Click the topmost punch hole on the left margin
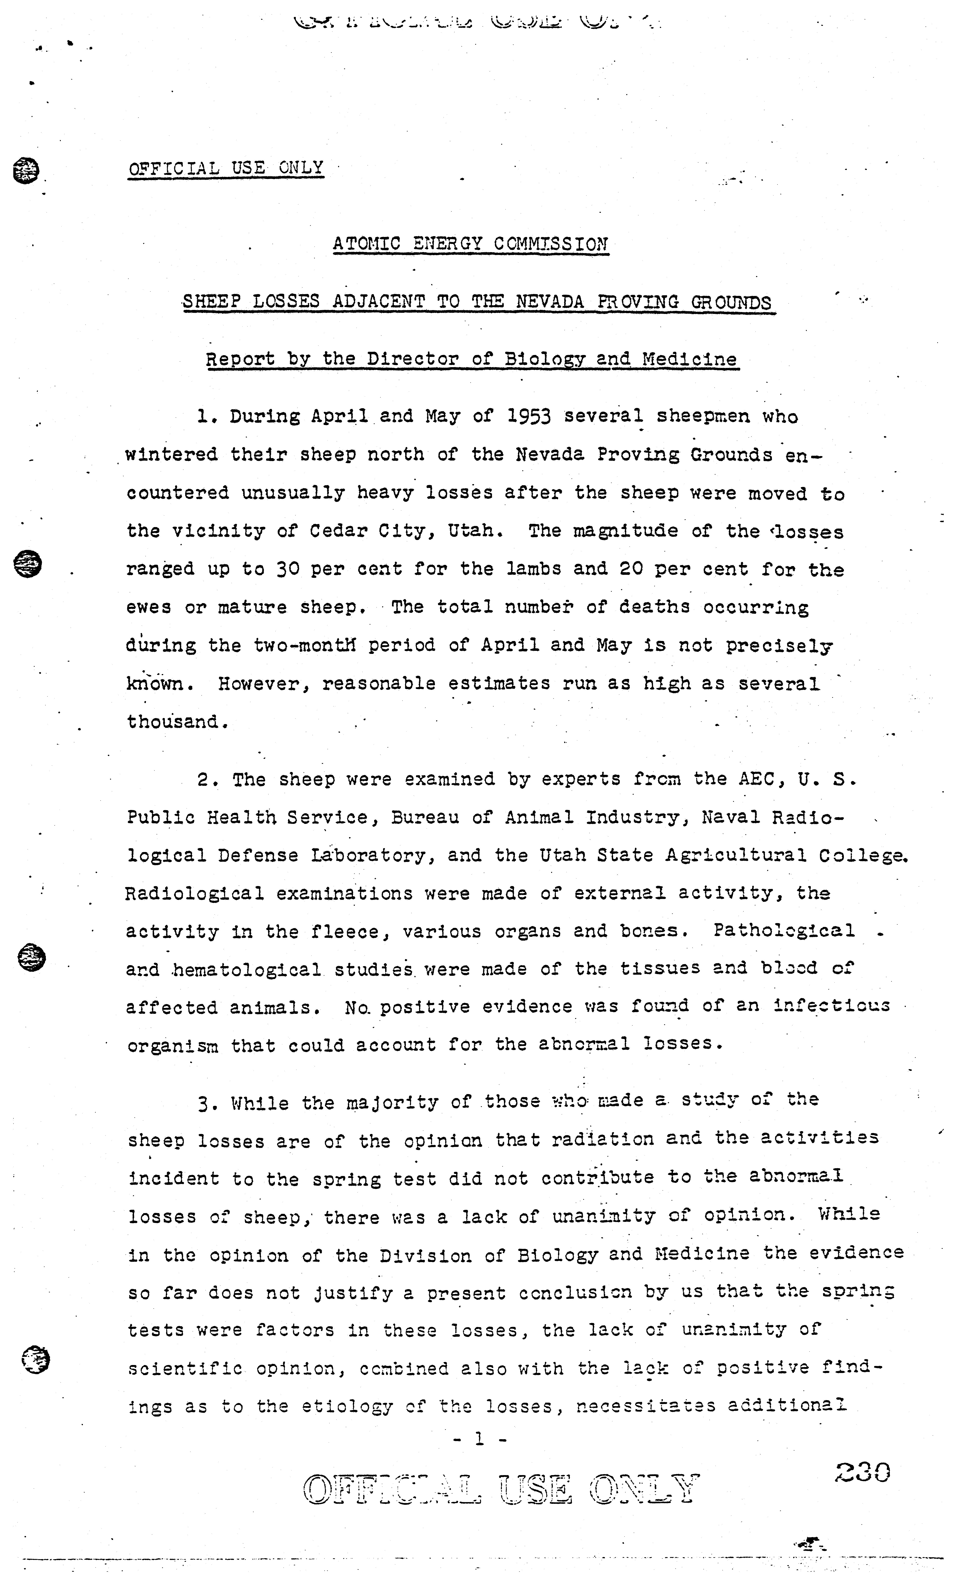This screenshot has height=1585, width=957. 26,171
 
